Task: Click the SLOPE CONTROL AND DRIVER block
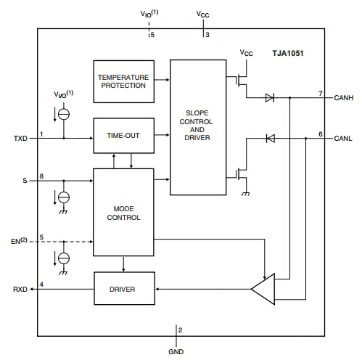click(197, 127)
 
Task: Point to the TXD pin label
click(20, 136)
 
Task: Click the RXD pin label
click(20, 289)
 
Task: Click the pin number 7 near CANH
click(320, 92)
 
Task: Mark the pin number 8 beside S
click(41, 175)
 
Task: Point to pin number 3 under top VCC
click(207, 34)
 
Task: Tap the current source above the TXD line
click(64, 112)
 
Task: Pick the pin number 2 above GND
click(181, 331)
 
